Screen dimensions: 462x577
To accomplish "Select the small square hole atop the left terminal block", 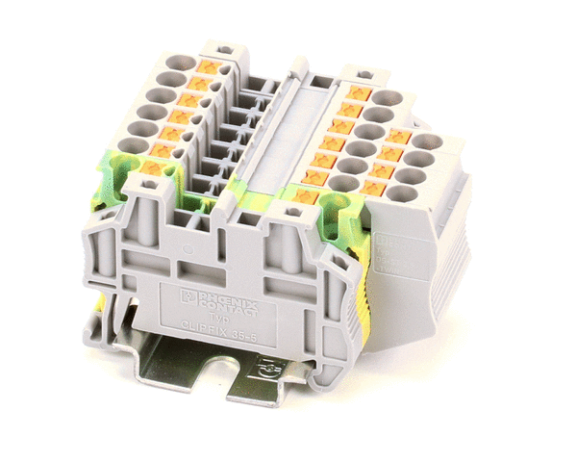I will pyautogui.click(x=223, y=47).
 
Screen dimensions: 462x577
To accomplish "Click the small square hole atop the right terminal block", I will pyautogui.click(x=364, y=73).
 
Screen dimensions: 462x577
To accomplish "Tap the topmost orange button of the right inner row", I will pyautogui.click(x=359, y=93).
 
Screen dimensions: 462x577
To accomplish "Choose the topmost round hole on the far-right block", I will pyautogui.click(x=427, y=141).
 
